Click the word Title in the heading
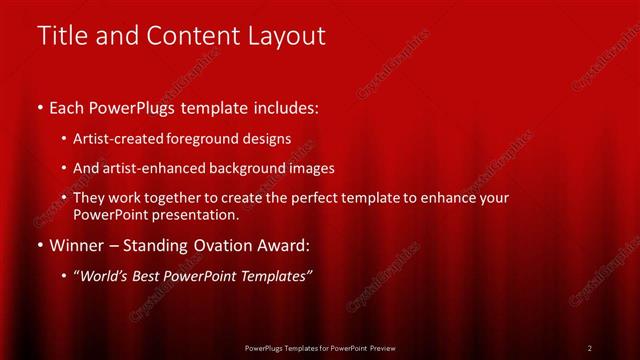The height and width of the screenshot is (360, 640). (61, 36)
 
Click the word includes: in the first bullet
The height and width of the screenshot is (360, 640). (287, 107)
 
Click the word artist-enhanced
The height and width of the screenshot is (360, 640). (163, 168)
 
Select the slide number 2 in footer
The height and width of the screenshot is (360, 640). (589, 348)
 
